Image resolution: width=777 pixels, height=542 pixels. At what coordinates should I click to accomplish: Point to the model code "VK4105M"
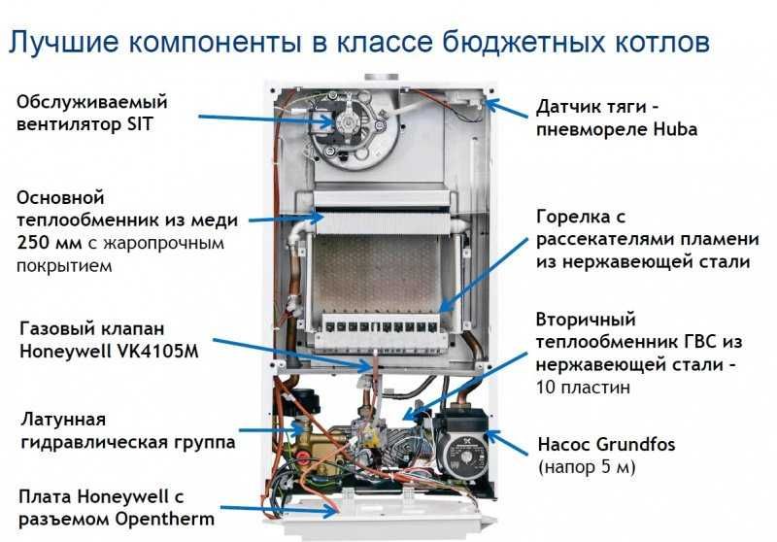click(154, 352)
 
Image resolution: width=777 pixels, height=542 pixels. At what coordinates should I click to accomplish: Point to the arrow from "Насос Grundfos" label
click(501, 441)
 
